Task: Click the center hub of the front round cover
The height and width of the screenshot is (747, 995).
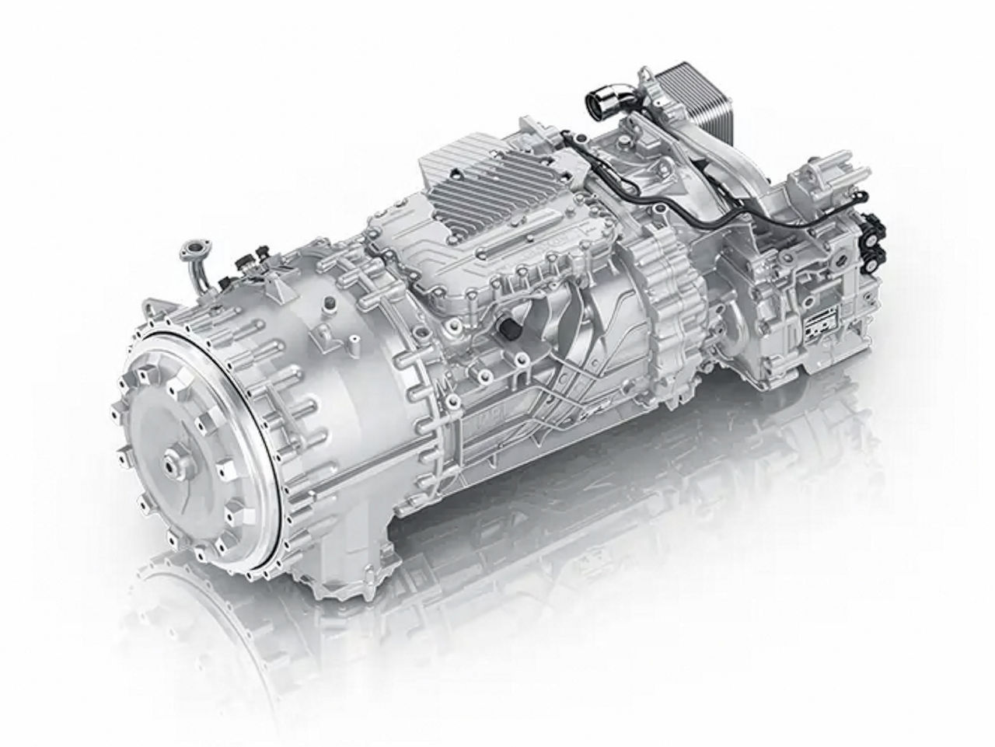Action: click(169, 463)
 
